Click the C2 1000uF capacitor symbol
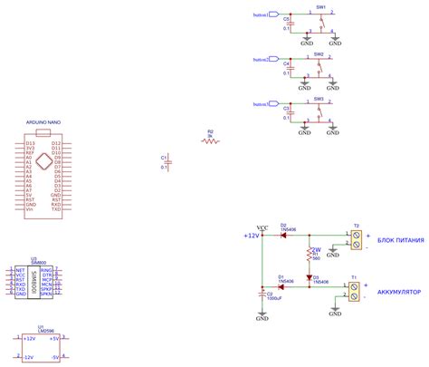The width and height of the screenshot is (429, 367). click(262, 295)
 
